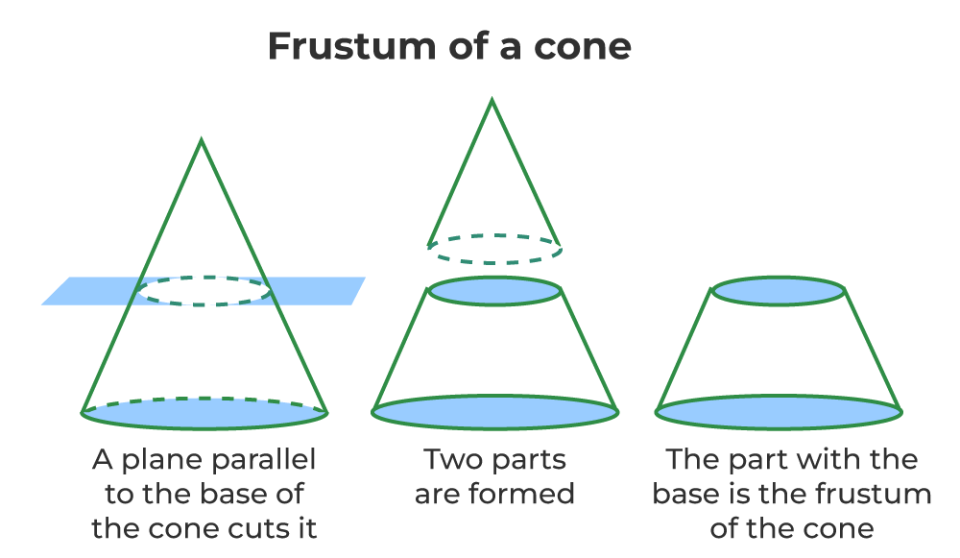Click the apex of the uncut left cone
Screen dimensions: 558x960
pyautogui.click(x=202, y=141)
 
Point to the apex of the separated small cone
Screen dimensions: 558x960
pyautogui.click(x=492, y=100)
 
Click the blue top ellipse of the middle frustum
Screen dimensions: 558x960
pyautogui.click(x=494, y=291)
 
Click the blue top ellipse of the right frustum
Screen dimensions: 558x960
pyautogui.click(x=779, y=291)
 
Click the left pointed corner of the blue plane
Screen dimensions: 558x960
pyautogui.click(x=43, y=304)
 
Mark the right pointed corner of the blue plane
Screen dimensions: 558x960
pyautogui.click(x=365, y=279)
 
